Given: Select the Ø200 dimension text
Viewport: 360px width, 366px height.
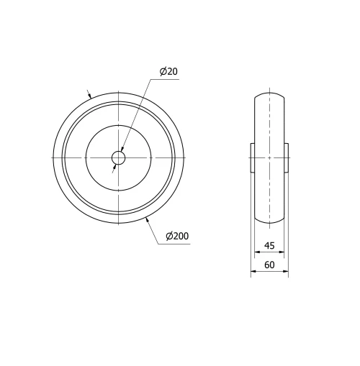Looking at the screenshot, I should [177, 237].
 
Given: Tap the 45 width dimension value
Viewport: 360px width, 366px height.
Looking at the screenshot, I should [269, 246].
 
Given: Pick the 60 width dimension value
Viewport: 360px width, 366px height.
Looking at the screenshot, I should [269, 265].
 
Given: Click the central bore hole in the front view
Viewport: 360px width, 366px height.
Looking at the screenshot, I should [118, 157].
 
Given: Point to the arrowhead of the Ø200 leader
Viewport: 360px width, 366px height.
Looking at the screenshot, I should [148, 219].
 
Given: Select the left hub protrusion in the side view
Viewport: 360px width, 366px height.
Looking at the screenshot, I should [253, 157].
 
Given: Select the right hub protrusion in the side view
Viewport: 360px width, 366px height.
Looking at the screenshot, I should [286, 157].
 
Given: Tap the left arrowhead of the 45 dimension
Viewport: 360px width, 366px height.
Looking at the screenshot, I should [257, 253].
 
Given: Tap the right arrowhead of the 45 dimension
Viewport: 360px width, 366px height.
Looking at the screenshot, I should [282, 253].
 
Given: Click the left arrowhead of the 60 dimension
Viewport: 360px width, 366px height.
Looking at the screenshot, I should [253, 272].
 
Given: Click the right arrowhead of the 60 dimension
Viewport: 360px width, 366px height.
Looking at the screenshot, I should [286, 272].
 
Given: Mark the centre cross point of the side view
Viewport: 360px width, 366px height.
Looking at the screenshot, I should [269, 157].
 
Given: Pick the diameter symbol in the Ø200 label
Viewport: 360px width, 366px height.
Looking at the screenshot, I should [168, 237].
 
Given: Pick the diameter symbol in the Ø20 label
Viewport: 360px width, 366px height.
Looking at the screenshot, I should [163, 71].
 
